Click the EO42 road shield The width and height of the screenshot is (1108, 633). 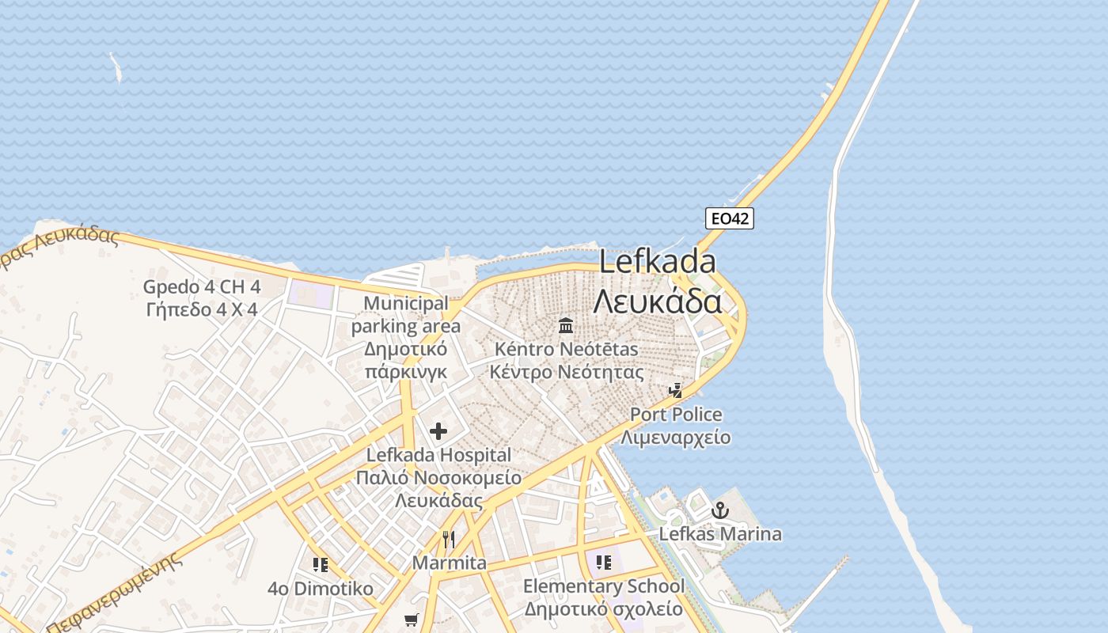(x=729, y=218)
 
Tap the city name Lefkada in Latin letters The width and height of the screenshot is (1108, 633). (x=657, y=262)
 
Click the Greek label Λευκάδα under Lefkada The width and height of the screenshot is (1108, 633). (x=657, y=301)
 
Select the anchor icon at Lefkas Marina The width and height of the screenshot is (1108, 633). (x=719, y=511)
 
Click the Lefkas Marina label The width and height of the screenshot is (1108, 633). (x=720, y=534)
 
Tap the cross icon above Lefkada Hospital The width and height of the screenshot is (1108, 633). (x=438, y=431)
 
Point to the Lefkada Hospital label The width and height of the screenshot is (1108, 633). (x=438, y=455)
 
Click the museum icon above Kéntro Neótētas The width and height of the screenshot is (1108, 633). (x=566, y=325)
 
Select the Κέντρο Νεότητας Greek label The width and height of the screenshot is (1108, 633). (x=566, y=372)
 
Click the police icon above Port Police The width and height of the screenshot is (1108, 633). (x=675, y=390)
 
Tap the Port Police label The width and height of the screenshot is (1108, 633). (x=676, y=414)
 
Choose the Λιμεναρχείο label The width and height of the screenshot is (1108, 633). (x=676, y=438)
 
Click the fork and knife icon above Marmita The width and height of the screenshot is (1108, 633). (x=449, y=540)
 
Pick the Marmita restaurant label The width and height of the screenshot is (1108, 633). (x=449, y=563)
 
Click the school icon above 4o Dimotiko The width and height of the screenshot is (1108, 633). (x=321, y=565)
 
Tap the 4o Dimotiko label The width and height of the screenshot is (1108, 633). (x=321, y=589)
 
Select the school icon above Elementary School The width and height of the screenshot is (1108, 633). (x=604, y=563)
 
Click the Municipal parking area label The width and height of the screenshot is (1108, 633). (x=405, y=314)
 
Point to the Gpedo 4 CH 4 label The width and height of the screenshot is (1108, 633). (x=202, y=286)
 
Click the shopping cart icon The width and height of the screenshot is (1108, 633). (x=411, y=620)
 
